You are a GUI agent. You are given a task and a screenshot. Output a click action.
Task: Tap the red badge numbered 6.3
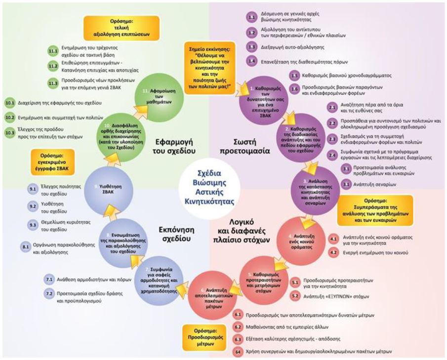[238, 340]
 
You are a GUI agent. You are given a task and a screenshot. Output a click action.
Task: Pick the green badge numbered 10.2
[10, 118]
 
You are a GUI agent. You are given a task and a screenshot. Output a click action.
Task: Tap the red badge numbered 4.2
[334, 252]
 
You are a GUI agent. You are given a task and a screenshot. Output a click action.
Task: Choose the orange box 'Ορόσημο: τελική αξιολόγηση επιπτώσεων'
[116, 29]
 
